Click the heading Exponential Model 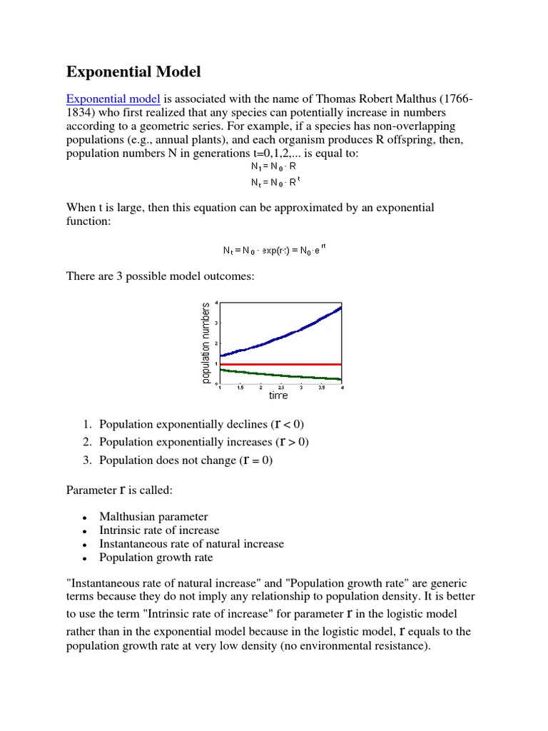point(133,71)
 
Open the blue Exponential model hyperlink point(113,99)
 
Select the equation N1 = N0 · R point(273,166)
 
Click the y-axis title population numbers point(206,343)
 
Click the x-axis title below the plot point(278,395)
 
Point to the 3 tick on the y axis point(216,323)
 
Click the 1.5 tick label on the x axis point(240,388)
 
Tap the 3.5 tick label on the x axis point(322,388)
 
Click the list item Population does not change point(186,460)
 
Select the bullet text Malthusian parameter point(153,517)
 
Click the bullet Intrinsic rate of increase point(159,530)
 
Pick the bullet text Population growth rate point(156,558)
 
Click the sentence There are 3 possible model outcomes point(160,276)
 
